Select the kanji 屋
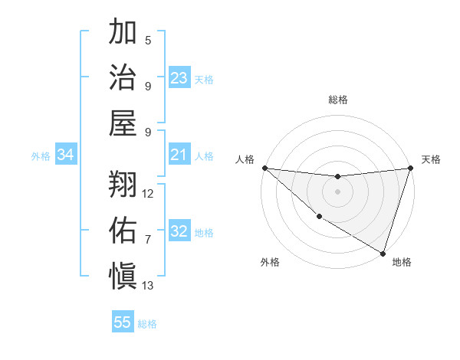[x=123, y=123]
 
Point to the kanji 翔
[x=123, y=184]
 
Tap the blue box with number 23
[x=179, y=78]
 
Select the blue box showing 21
[x=179, y=155]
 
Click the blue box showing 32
[x=179, y=232]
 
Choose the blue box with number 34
[x=66, y=155]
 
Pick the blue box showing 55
[x=123, y=322]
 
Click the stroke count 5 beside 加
[x=148, y=41]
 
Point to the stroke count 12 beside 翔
[x=148, y=194]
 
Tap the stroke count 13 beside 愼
[x=148, y=286]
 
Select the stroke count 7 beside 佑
[x=148, y=240]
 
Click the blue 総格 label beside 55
[x=147, y=324]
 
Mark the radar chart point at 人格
[x=264, y=168]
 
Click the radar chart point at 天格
[x=411, y=168]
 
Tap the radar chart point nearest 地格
[x=383, y=253]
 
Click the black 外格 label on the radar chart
[x=270, y=262]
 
